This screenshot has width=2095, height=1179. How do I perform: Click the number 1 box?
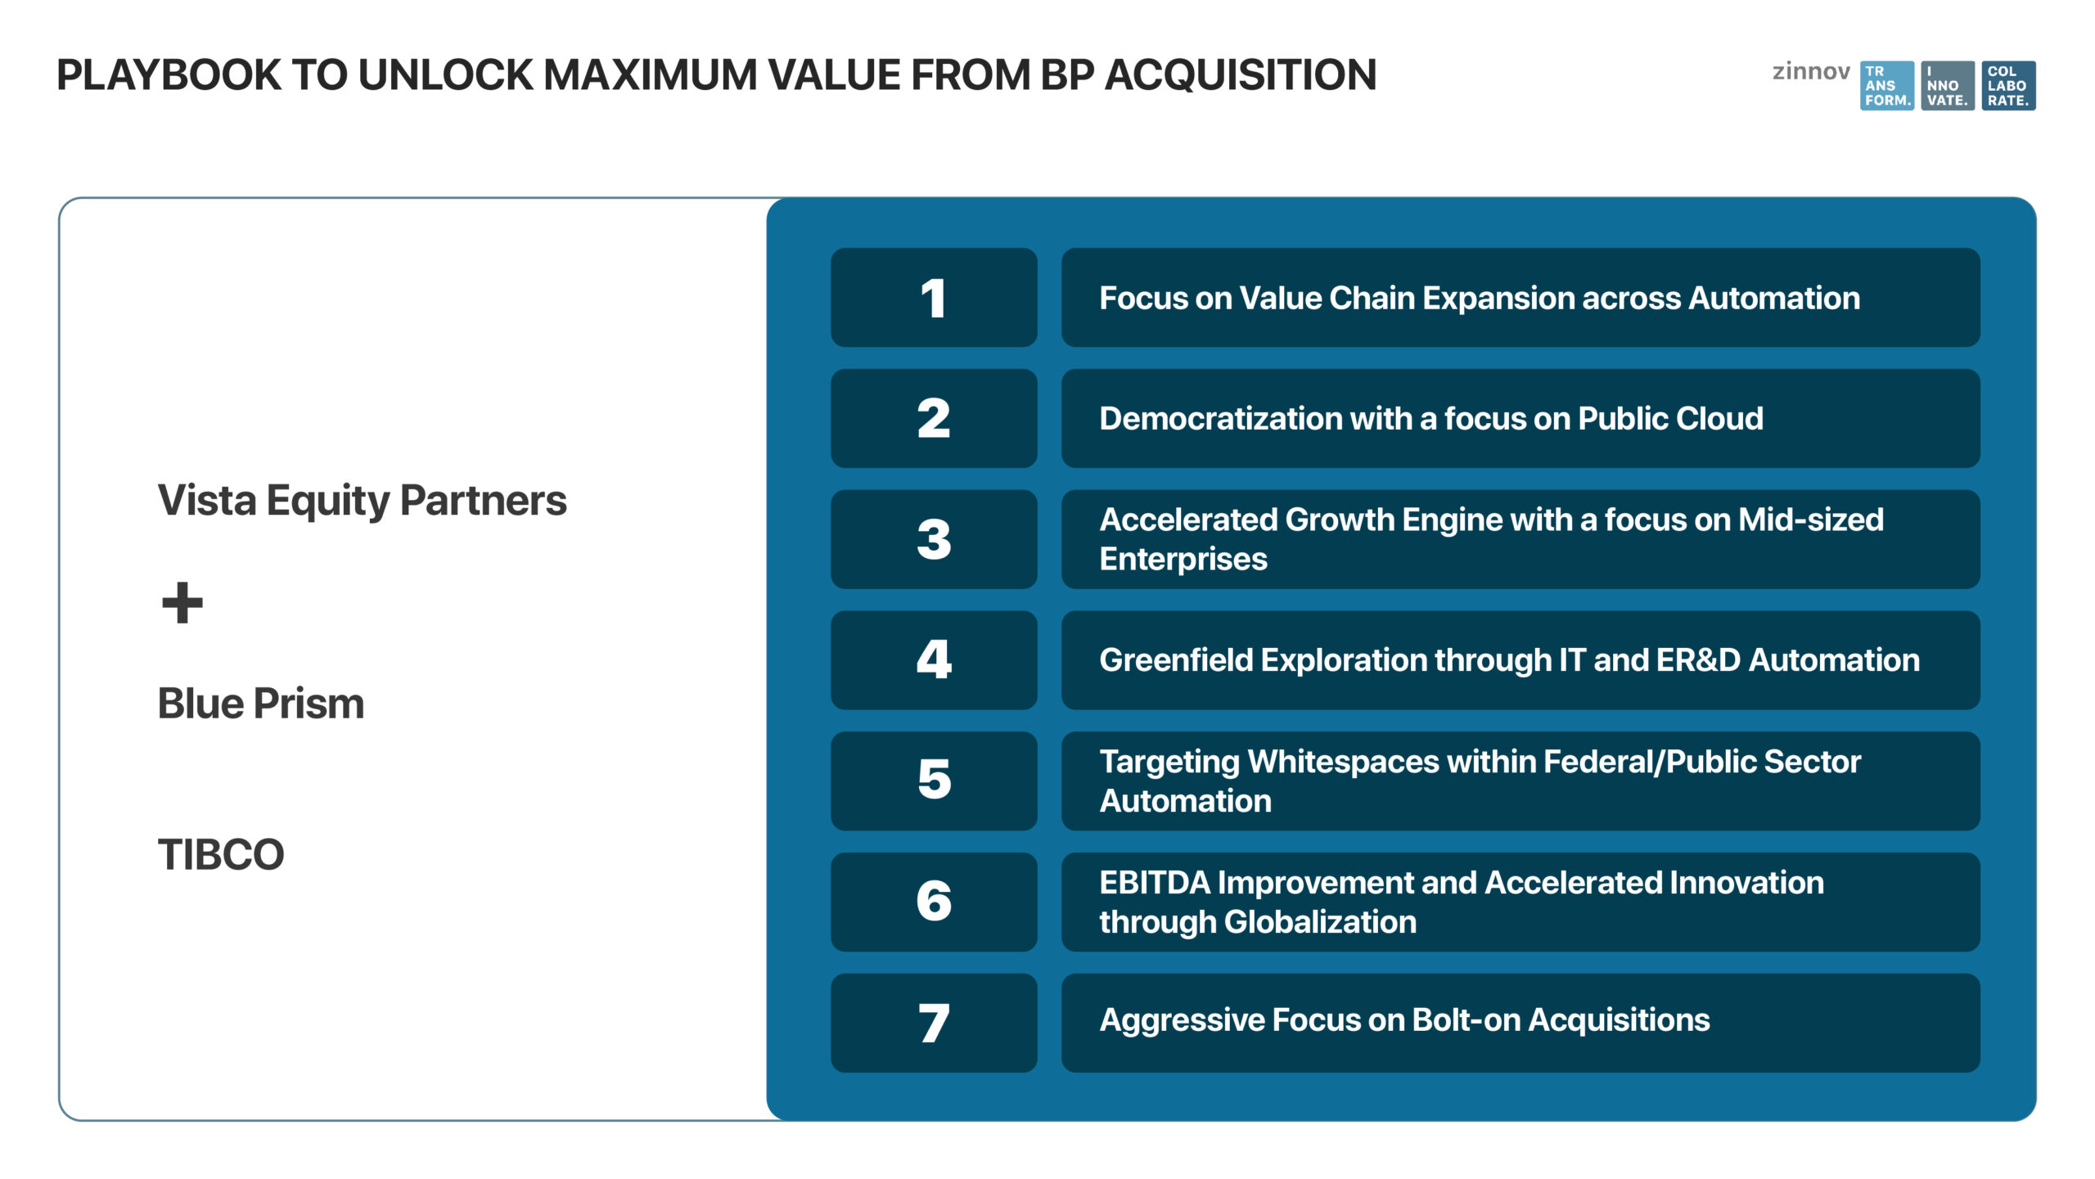click(x=934, y=298)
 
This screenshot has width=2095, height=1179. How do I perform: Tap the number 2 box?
click(x=934, y=418)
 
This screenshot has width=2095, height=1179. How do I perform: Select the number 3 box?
click(x=934, y=539)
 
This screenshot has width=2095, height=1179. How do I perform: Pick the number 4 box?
click(x=934, y=660)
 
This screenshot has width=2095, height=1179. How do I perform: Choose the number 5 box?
click(x=934, y=781)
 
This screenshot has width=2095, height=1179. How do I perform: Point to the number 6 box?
click(x=934, y=902)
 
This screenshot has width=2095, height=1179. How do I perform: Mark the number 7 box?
click(x=934, y=1023)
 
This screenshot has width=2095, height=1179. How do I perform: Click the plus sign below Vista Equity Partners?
click(x=182, y=603)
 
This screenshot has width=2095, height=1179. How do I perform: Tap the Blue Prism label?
click(x=261, y=704)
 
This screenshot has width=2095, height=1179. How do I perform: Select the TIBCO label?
click(x=221, y=855)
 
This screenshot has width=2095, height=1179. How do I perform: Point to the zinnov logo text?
click(x=1811, y=72)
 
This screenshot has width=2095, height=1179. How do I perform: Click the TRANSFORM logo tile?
click(x=1887, y=86)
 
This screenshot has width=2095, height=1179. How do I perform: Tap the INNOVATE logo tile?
click(x=1948, y=86)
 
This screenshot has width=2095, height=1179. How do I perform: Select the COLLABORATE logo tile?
click(x=2009, y=86)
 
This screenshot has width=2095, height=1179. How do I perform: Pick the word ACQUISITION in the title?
click(x=1241, y=75)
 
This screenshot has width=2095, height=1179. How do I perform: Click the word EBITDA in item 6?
click(x=1155, y=883)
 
